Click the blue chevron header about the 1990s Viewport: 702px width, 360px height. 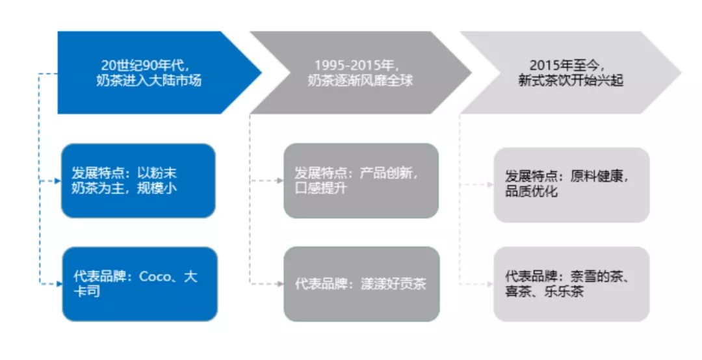(152, 73)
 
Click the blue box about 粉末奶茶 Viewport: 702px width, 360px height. (138, 181)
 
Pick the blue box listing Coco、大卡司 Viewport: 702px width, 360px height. (140, 284)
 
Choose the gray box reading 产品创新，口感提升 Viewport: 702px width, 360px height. (361, 181)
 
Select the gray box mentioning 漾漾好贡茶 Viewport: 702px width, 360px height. (362, 284)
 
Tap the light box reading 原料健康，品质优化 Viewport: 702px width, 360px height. (572, 185)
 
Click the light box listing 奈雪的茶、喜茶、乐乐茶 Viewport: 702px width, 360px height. (572, 284)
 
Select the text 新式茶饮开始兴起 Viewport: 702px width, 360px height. (571, 81)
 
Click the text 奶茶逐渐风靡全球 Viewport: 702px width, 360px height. (360, 81)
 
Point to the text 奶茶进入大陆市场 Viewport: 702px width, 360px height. (149, 81)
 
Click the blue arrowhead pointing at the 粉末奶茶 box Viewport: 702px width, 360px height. (58, 181)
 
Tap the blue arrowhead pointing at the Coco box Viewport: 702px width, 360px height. (58, 284)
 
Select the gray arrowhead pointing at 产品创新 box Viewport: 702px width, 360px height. (280, 181)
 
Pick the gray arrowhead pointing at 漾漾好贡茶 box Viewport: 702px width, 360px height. (280, 284)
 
